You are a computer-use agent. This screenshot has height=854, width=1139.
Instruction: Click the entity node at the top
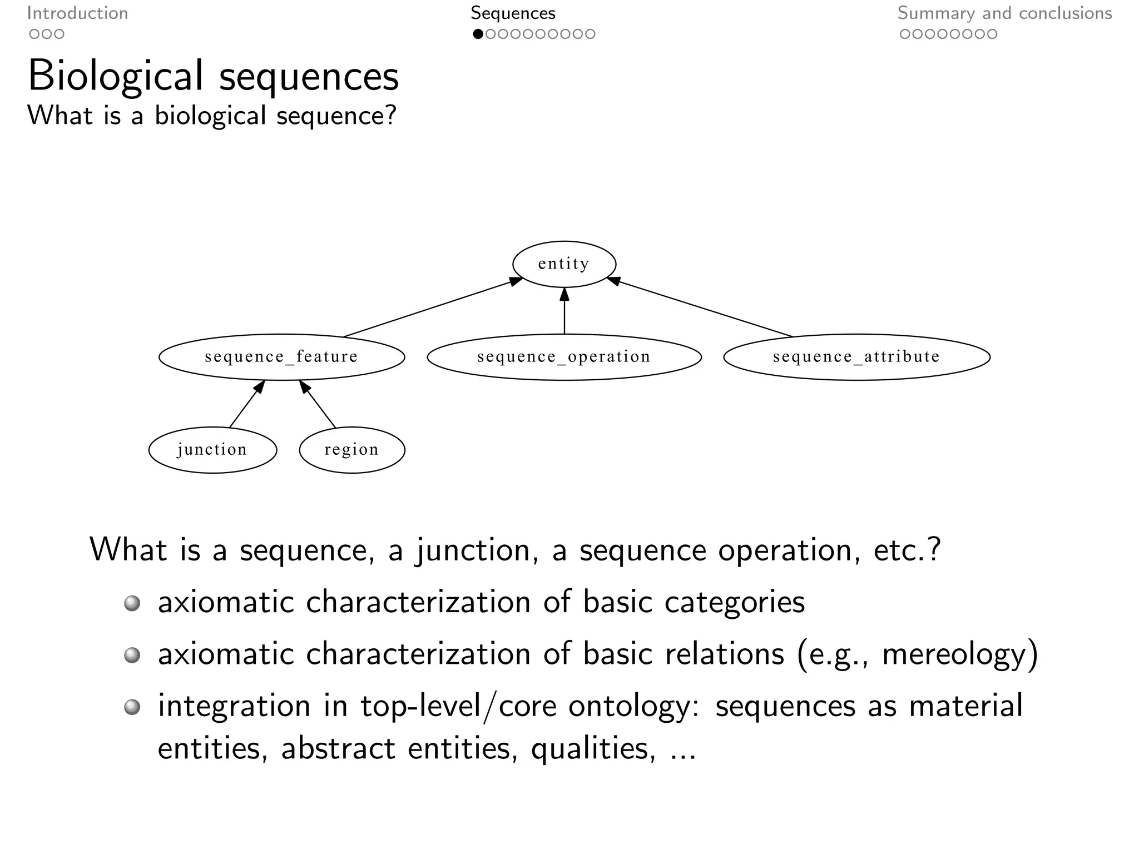(x=564, y=264)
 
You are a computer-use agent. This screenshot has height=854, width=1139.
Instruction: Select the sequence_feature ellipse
(x=281, y=357)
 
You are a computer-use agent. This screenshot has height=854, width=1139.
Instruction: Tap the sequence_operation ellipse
(x=564, y=357)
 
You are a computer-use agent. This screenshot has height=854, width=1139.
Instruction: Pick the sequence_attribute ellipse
(x=856, y=357)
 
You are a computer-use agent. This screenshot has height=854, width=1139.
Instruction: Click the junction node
(x=212, y=450)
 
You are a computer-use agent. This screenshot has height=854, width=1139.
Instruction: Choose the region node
(x=351, y=450)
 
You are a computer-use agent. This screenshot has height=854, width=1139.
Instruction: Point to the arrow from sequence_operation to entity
(x=564, y=311)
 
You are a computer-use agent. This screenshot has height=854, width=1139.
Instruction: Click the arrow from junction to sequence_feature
(x=246, y=404)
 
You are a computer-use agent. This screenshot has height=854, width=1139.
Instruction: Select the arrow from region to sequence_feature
(x=318, y=404)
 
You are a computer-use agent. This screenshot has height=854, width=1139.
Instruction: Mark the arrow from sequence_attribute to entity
(x=701, y=308)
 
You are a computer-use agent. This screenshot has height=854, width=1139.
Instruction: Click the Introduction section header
(x=77, y=13)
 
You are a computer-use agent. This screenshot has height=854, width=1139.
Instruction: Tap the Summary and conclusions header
(x=1004, y=13)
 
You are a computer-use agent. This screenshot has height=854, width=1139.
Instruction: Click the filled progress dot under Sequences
(x=478, y=34)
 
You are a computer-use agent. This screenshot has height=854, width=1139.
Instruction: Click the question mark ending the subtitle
(x=390, y=116)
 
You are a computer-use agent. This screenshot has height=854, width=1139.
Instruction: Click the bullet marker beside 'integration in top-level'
(x=132, y=707)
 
